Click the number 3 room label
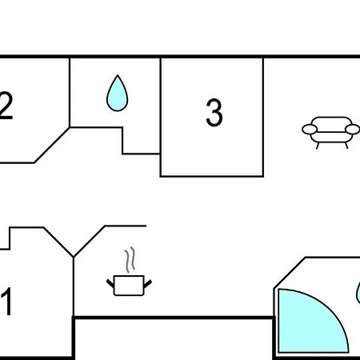pos(214,112)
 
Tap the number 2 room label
pos(6,106)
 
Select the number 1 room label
pos(7,302)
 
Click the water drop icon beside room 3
pos(118,94)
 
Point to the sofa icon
pos(330,132)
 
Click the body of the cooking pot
pos(129,286)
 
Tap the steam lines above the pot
pos(130,260)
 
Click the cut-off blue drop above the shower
pos(358,293)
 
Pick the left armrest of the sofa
pos(310,130)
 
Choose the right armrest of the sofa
pos(353,130)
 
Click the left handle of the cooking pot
pos(110,283)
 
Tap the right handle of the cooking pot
pos(148,284)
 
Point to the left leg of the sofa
pos(318,146)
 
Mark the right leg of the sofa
pos(346,146)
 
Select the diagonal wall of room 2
pos(52,145)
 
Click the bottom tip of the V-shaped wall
pos(74,258)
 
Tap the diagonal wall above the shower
pos(290,273)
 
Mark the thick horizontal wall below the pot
pos(174,318)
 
